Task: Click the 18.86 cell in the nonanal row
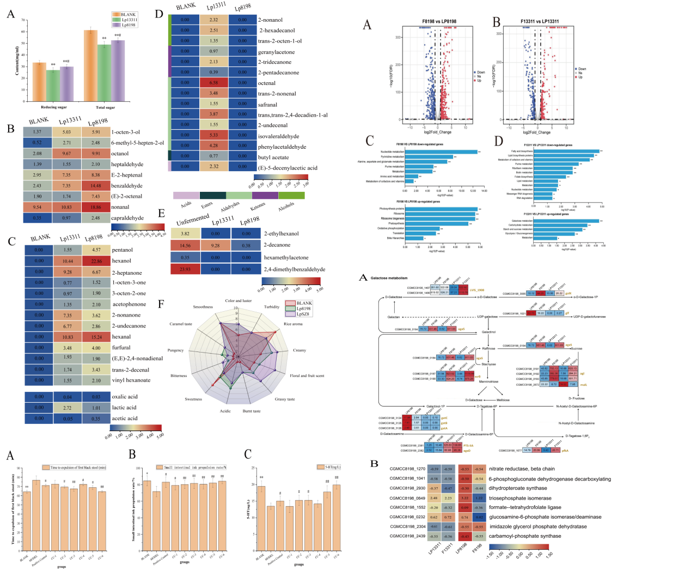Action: click(x=96, y=207)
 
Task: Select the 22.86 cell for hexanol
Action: click(x=96, y=261)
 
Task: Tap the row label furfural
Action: click(x=121, y=348)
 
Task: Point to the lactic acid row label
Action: click(x=124, y=408)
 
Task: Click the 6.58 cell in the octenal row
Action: click(x=213, y=83)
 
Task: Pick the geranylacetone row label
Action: click(x=276, y=52)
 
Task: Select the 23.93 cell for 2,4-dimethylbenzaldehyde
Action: click(x=185, y=269)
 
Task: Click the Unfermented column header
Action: click(x=192, y=220)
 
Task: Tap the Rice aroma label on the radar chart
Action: click(x=293, y=324)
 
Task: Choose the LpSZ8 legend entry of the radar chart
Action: click(x=303, y=314)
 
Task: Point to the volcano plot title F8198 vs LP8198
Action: click(x=439, y=22)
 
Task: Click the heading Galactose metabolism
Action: click(x=389, y=278)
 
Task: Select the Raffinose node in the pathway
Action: click(x=488, y=349)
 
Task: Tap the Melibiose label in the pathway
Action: click(x=503, y=400)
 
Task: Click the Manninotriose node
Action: click(x=488, y=381)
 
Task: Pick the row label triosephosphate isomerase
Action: click(x=520, y=498)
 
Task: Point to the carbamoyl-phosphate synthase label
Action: click(x=524, y=536)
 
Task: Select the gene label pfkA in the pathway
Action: click(x=565, y=451)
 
